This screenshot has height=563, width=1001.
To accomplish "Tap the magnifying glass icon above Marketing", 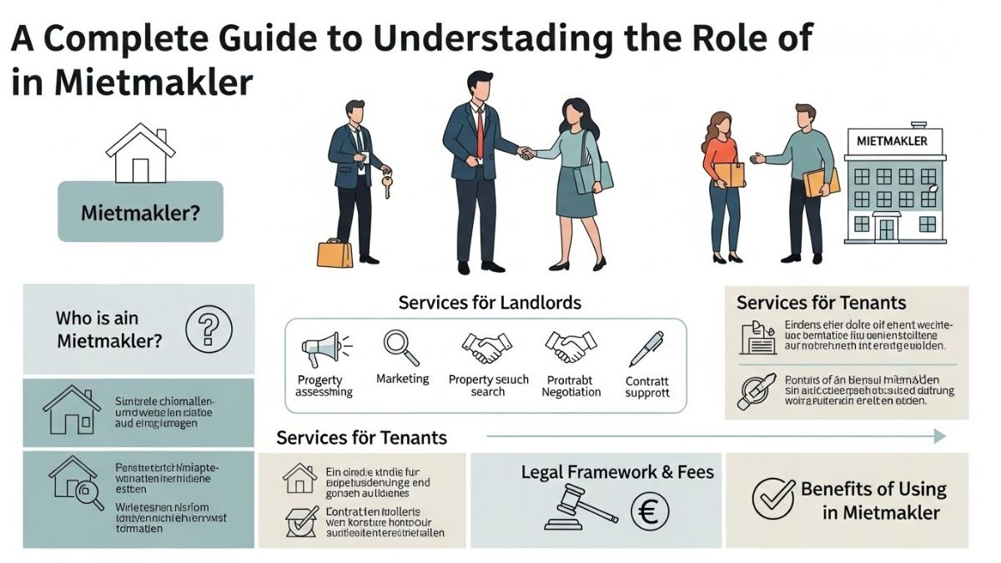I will click(395, 344).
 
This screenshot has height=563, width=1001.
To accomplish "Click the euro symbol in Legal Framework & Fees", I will click(646, 511).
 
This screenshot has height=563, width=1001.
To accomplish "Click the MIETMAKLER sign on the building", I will click(892, 141).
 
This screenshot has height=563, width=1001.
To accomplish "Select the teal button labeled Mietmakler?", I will click(140, 212).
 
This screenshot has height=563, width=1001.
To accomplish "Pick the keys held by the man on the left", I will click(386, 186).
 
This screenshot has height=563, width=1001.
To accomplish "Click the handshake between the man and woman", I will click(526, 153).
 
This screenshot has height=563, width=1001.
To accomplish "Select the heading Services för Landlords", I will click(490, 302).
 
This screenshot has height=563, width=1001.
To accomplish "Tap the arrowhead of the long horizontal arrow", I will click(939, 436).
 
